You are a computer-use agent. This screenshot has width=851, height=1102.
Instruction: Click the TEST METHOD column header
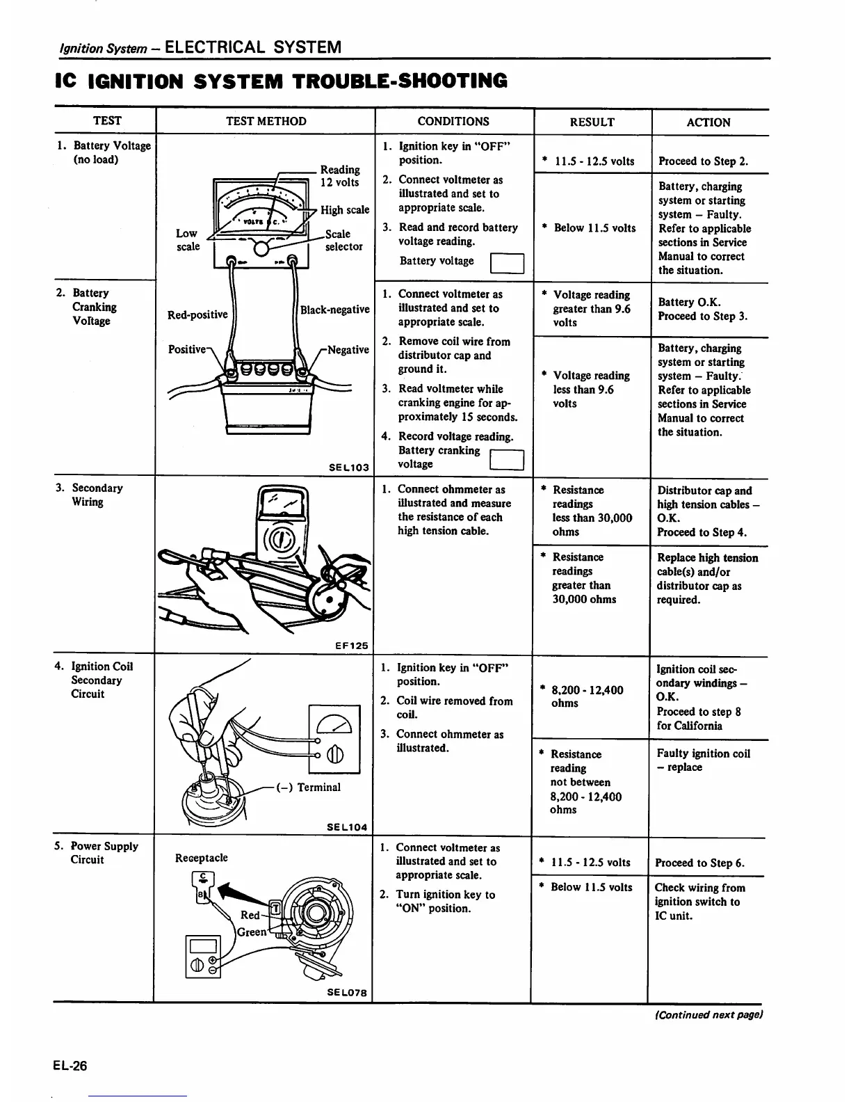pyautogui.click(x=266, y=121)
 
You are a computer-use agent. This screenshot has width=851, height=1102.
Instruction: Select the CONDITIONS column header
pyautogui.click(x=453, y=121)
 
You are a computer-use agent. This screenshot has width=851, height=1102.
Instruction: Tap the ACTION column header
pyautogui.click(x=708, y=122)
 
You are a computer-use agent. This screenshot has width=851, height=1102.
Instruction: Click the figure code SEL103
pyautogui.click(x=348, y=468)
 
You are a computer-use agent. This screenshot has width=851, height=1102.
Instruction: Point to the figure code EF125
pyautogui.click(x=351, y=646)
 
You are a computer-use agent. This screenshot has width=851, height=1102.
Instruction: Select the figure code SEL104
pyautogui.click(x=347, y=827)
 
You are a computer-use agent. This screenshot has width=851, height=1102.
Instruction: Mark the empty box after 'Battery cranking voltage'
pyautogui.click(x=506, y=461)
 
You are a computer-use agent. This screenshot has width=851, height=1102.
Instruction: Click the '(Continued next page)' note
pyautogui.click(x=708, y=1014)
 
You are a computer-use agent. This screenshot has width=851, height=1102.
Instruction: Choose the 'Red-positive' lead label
pyautogui.click(x=197, y=314)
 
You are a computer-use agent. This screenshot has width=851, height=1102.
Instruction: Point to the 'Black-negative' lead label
pyautogui.click(x=334, y=310)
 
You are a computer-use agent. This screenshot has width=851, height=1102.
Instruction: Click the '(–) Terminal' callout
pyautogui.click(x=309, y=788)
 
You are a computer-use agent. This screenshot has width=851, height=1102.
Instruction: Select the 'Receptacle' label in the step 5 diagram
pyautogui.click(x=202, y=858)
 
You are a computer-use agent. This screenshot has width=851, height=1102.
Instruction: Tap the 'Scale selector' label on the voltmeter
pyautogui.click(x=343, y=240)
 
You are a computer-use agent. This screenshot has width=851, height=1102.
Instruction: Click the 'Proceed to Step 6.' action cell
pyautogui.click(x=699, y=863)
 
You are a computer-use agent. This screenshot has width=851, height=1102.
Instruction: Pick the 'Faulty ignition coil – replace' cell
pyautogui.click(x=703, y=760)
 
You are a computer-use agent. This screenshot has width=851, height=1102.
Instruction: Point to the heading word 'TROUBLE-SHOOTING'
pyautogui.click(x=400, y=81)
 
